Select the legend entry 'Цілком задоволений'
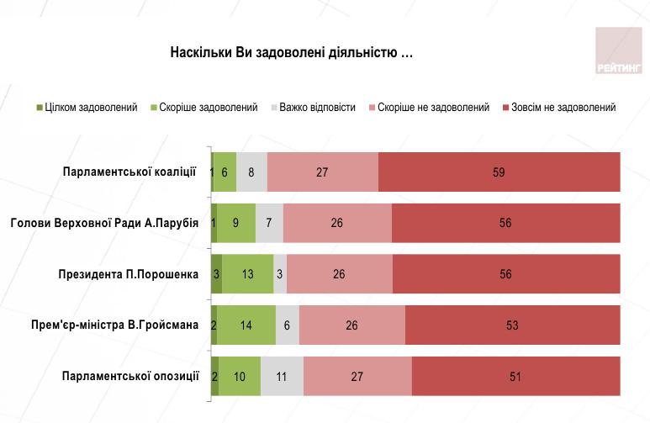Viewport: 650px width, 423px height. [87, 108]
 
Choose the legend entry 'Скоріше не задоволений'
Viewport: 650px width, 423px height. [428, 108]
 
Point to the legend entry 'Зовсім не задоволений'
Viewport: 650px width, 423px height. [558, 108]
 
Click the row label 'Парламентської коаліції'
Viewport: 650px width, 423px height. [129, 172]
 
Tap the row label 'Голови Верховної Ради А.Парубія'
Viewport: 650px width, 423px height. [104, 223]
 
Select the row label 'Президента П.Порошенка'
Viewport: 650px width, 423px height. [128, 274]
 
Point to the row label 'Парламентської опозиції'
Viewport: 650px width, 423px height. [130, 376]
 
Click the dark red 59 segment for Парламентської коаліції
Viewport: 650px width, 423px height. [499, 172]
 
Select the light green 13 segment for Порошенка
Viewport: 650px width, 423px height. [248, 274]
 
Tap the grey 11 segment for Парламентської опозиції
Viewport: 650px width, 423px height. [282, 376]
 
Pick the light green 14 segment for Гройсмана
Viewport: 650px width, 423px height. [246, 325]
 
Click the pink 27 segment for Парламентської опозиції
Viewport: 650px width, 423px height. [357, 376]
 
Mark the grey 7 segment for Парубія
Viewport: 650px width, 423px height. [269, 223]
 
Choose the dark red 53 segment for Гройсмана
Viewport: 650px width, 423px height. [512, 325]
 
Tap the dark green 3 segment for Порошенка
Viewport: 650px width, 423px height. [216, 274]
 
